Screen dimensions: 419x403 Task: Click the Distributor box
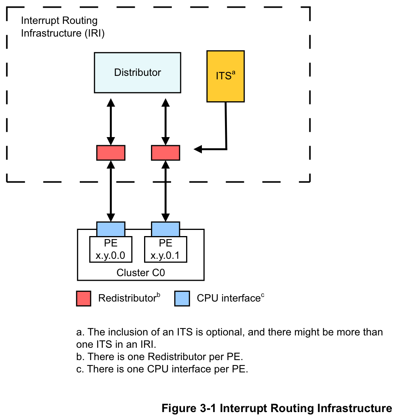point(138,73)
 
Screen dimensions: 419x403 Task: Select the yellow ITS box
point(225,76)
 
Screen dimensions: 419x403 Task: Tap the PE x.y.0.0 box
point(111,249)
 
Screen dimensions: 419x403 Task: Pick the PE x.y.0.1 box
point(166,249)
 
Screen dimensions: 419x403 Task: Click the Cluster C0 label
point(141,273)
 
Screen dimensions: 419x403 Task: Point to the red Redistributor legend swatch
point(84,298)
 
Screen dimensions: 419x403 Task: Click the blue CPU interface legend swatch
point(182,298)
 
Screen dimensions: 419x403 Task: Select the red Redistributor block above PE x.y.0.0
point(111,153)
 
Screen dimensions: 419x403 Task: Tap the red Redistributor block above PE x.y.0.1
point(166,153)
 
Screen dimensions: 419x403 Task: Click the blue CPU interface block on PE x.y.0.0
point(111,229)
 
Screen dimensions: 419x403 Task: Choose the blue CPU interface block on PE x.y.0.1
point(166,229)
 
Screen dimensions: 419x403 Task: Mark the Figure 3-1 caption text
point(277,408)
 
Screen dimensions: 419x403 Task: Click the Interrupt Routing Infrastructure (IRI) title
point(62,27)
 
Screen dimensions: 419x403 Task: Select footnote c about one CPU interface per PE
point(162,369)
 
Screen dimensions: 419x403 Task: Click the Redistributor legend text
point(127,298)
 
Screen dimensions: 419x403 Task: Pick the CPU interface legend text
point(228,298)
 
